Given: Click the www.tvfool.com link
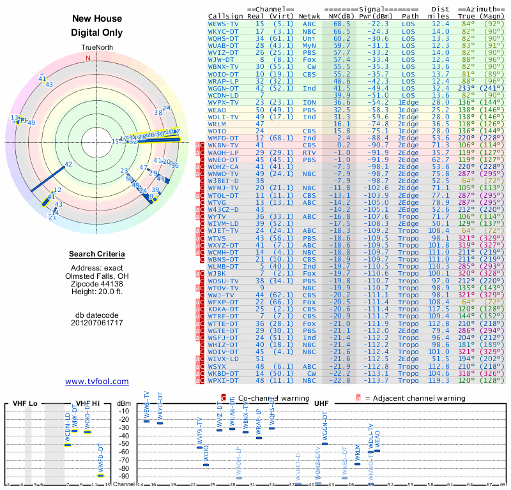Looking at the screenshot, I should (97, 382).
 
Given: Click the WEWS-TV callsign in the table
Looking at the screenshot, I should (224, 23).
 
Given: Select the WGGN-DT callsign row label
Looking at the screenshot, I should (224, 88).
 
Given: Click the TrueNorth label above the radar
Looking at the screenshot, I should (97, 48).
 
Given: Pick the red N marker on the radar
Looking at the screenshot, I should (88, 58).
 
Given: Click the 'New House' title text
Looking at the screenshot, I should (97, 19).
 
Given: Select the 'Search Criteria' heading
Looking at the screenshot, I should (97, 255).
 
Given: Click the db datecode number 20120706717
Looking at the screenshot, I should (97, 322).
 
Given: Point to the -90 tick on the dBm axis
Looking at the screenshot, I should (123, 476).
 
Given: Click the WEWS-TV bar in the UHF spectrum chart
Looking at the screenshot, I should (146, 421).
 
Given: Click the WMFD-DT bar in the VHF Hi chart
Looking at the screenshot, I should (100, 475).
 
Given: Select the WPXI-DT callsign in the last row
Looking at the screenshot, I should (224, 381).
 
